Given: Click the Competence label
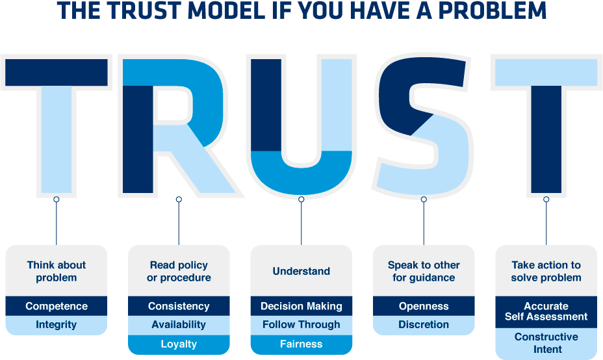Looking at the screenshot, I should [57, 306].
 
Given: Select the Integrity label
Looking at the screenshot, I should [57, 324].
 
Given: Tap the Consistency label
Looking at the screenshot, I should [179, 306].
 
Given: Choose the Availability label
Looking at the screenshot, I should [179, 324].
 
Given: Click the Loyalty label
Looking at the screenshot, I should [179, 344].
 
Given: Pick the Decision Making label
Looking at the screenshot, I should [301, 306].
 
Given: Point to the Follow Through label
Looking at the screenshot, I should [301, 324].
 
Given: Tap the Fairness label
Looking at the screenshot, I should [301, 344].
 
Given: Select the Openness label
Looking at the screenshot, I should [424, 306].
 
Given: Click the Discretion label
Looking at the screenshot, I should [424, 324].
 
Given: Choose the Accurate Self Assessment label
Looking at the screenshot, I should [546, 311].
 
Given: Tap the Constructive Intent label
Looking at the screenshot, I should [546, 343].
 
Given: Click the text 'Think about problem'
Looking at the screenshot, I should [57, 271].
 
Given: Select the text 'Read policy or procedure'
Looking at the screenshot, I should [179, 271].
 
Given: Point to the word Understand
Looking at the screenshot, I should [301, 271].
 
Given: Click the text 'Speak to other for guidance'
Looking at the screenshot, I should [424, 271].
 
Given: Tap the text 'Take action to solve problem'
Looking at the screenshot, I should [546, 271].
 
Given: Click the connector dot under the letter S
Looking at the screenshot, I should [424, 199].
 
